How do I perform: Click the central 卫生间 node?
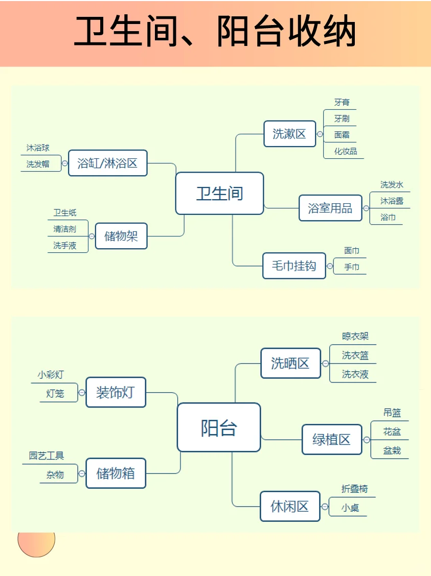[219, 193]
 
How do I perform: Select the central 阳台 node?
[219, 427]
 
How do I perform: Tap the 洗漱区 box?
[289, 134]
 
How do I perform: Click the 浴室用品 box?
[330, 208]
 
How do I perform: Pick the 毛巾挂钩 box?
[294, 266]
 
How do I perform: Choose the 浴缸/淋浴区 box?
[107, 163]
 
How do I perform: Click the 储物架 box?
[121, 236]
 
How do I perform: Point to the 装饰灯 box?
[116, 392]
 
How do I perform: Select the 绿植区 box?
[331, 439]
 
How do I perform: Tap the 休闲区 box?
[290, 506]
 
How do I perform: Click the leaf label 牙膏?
[342, 103]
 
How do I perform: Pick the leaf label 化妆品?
[346, 151]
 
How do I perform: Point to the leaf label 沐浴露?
[392, 201]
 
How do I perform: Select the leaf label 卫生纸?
[65, 213]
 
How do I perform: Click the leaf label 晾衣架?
[355, 336]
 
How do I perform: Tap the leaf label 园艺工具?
[47, 455]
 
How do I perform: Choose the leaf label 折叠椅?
[354, 489]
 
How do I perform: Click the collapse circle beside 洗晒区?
[325, 364]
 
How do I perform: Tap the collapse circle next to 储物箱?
[82, 473]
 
